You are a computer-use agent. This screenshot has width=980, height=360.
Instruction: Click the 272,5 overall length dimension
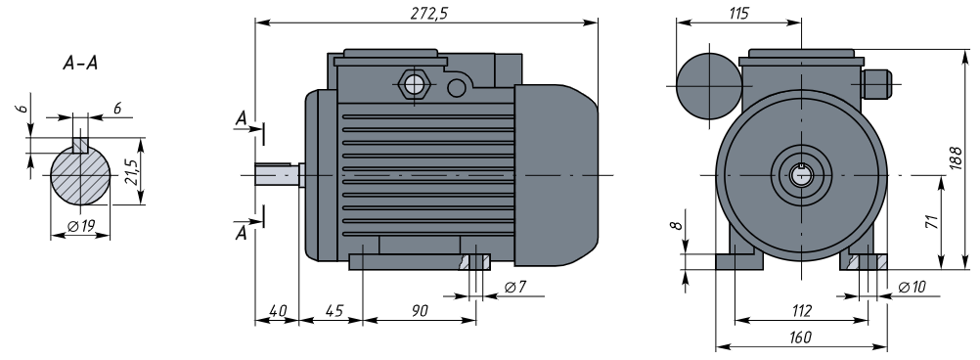[x=428, y=14]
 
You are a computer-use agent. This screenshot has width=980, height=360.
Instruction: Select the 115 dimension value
[x=738, y=13]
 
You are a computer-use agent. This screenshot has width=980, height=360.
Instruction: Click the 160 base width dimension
[x=801, y=337]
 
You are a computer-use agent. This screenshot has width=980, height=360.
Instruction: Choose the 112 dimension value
[x=801, y=311]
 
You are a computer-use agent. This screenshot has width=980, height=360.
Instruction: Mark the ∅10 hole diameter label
[x=912, y=287]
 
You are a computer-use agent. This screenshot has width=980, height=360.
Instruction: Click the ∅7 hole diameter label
[x=515, y=287]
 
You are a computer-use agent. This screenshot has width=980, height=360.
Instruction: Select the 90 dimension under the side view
[x=420, y=311]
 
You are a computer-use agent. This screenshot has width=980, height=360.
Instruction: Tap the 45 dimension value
[x=334, y=311]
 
